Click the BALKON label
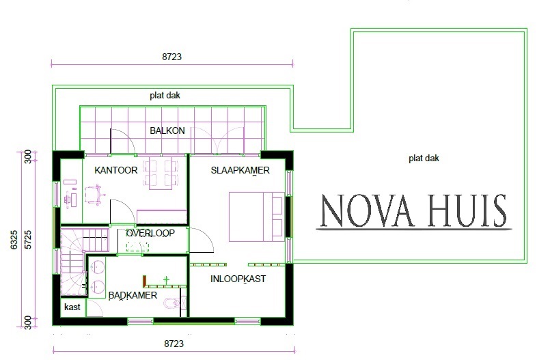tap(167, 130)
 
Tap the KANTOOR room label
tap(115, 170)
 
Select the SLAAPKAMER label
tap(240, 170)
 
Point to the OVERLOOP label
tap(150, 233)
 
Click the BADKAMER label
tap(133, 296)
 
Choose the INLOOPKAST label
tap(238, 279)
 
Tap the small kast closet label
tap(72, 307)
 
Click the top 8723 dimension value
tap(172, 57)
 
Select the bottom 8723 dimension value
tap(174, 344)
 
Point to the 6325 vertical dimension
tap(14, 240)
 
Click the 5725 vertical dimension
tap(28, 240)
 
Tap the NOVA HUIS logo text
tap(413, 210)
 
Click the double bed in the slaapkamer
tap(256, 217)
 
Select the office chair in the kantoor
tap(94, 195)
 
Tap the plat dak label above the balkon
tap(165, 96)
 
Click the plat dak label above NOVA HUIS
tap(424, 158)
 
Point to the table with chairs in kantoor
tap(161, 174)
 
